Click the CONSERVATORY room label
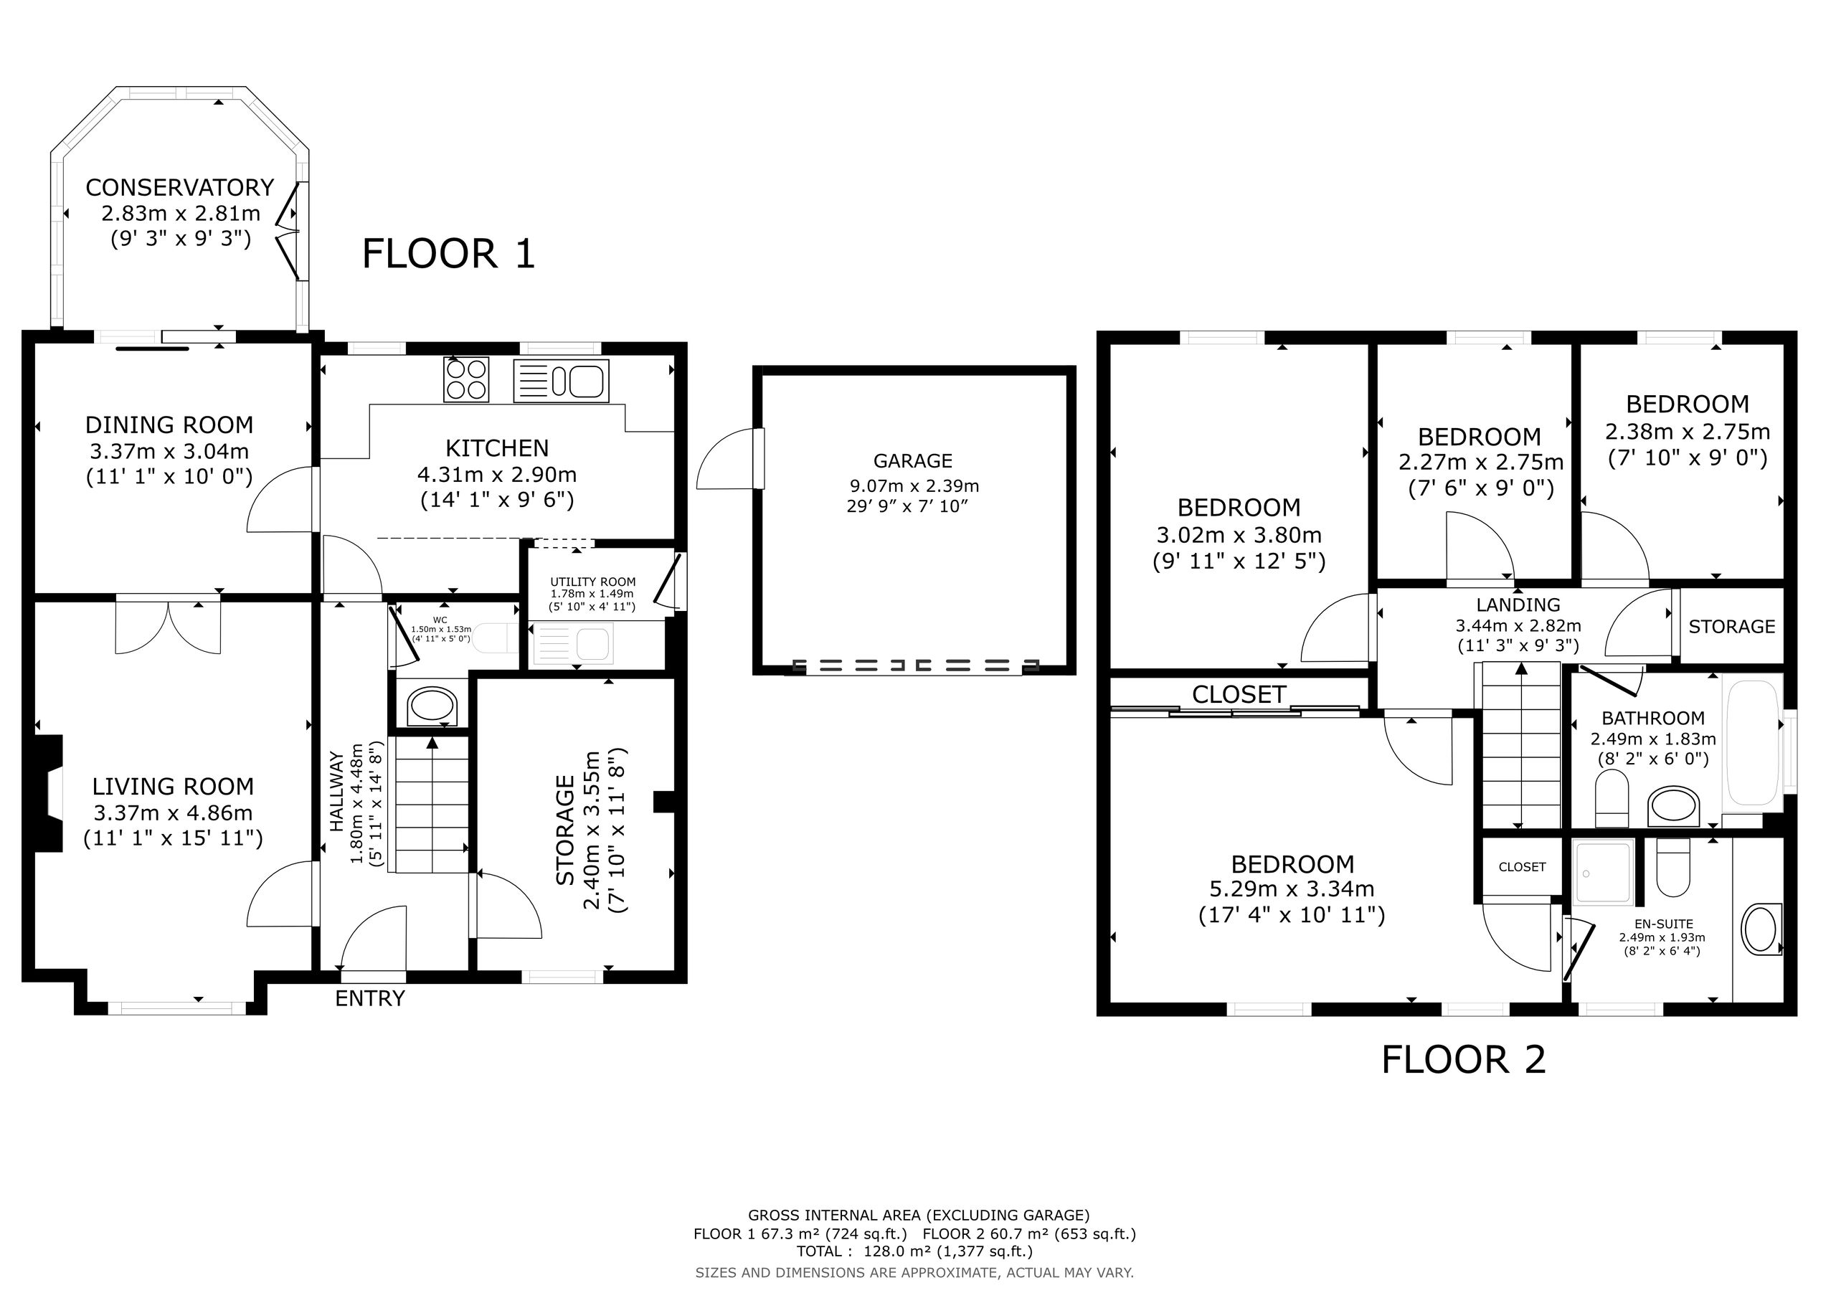pyautogui.click(x=180, y=187)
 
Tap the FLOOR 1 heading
pyautogui.click(x=449, y=254)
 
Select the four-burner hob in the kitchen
pyautogui.click(x=466, y=379)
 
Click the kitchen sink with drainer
pyautogui.click(x=562, y=380)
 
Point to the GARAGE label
pyautogui.click(x=912, y=460)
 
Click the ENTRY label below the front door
pyautogui.click(x=369, y=998)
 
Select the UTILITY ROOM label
pyautogui.click(x=592, y=582)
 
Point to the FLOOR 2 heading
pyautogui.click(x=1463, y=1060)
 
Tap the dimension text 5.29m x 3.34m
pyautogui.click(x=1292, y=889)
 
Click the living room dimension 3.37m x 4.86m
pyautogui.click(x=173, y=813)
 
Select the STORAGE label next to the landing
pyautogui.click(x=1731, y=626)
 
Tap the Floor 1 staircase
pyautogui.click(x=432, y=805)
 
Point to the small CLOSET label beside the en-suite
pyautogui.click(x=1522, y=867)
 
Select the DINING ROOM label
pyautogui.click(x=169, y=425)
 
